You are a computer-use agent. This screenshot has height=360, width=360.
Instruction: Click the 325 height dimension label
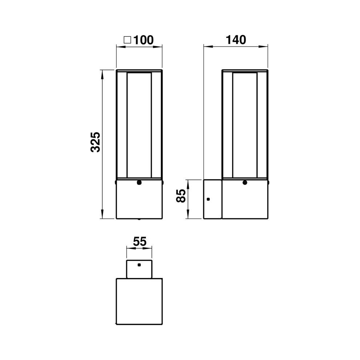tap(95, 142)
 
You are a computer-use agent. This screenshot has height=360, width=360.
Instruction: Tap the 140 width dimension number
tap(236, 40)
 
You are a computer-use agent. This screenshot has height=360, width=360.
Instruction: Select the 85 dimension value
tap(181, 196)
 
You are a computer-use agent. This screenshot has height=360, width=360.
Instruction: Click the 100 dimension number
tap(143, 40)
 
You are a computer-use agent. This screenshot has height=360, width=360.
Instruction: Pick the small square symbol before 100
tap(127, 40)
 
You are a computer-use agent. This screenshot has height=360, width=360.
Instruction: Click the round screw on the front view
tap(139, 183)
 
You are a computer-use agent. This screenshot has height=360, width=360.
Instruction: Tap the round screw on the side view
tap(245, 183)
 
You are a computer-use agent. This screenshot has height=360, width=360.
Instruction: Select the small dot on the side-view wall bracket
tap(208, 199)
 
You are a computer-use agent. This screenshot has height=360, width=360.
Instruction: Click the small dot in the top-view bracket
tap(139, 265)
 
